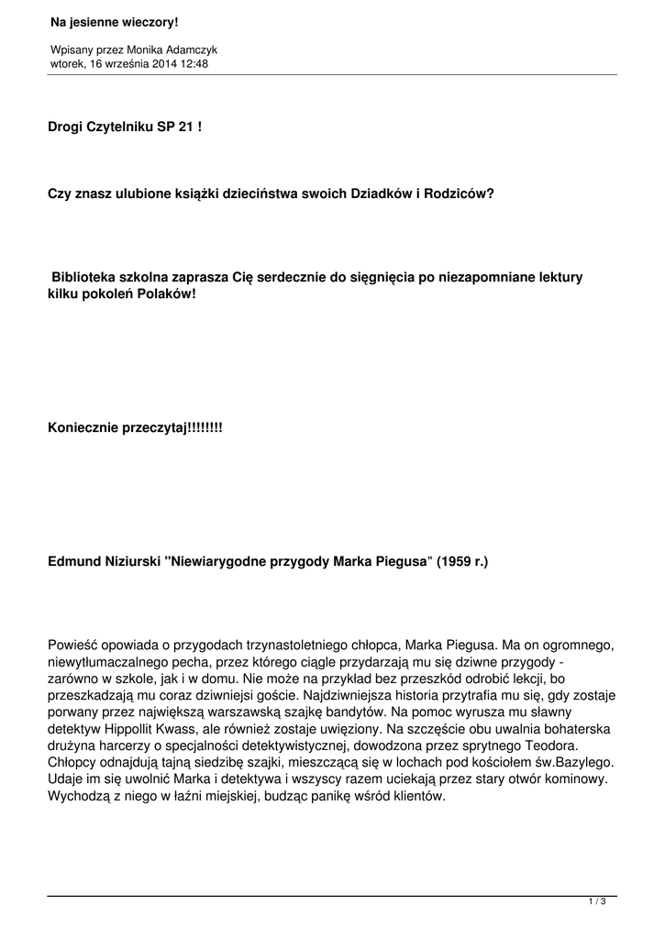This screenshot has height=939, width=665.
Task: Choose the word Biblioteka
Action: click(83, 276)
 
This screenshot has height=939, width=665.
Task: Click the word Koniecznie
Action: click(83, 427)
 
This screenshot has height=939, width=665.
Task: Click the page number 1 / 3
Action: click(597, 902)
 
